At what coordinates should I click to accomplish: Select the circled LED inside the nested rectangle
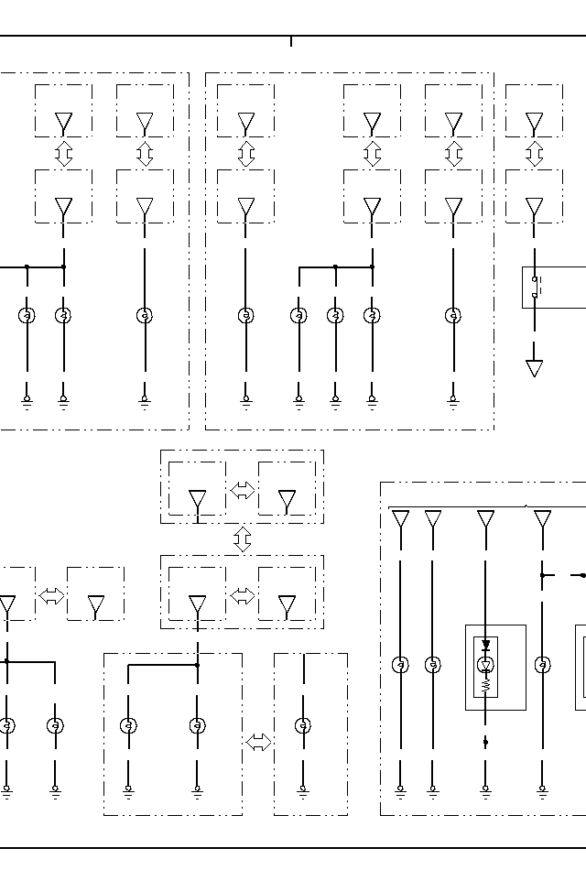click(485, 665)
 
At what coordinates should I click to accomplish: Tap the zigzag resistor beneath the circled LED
click(485, 683)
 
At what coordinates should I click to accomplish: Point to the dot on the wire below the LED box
click(485, 742)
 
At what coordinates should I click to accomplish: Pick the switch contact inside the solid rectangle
click(535, 286)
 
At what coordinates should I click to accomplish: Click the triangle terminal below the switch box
click(535, 368)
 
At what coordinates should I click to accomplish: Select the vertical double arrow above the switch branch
click(535, 154)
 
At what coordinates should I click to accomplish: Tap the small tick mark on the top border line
click(291, 41)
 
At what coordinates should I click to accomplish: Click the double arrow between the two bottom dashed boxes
click(258, 743)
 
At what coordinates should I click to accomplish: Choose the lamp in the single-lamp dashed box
click(303, 726)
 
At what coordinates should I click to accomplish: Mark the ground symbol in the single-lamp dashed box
click(303, 788)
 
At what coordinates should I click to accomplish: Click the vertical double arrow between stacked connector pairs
click(243, 538)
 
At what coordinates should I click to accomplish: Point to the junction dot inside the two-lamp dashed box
click(197, 665)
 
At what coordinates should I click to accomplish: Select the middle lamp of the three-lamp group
click(335, 316)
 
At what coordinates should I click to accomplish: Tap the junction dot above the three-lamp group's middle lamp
click(335, 267)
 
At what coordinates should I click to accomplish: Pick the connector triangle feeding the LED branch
click(485, 520)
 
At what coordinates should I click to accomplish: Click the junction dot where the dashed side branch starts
click(542, 575)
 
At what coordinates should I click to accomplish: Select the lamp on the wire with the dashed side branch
click(542, 665)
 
